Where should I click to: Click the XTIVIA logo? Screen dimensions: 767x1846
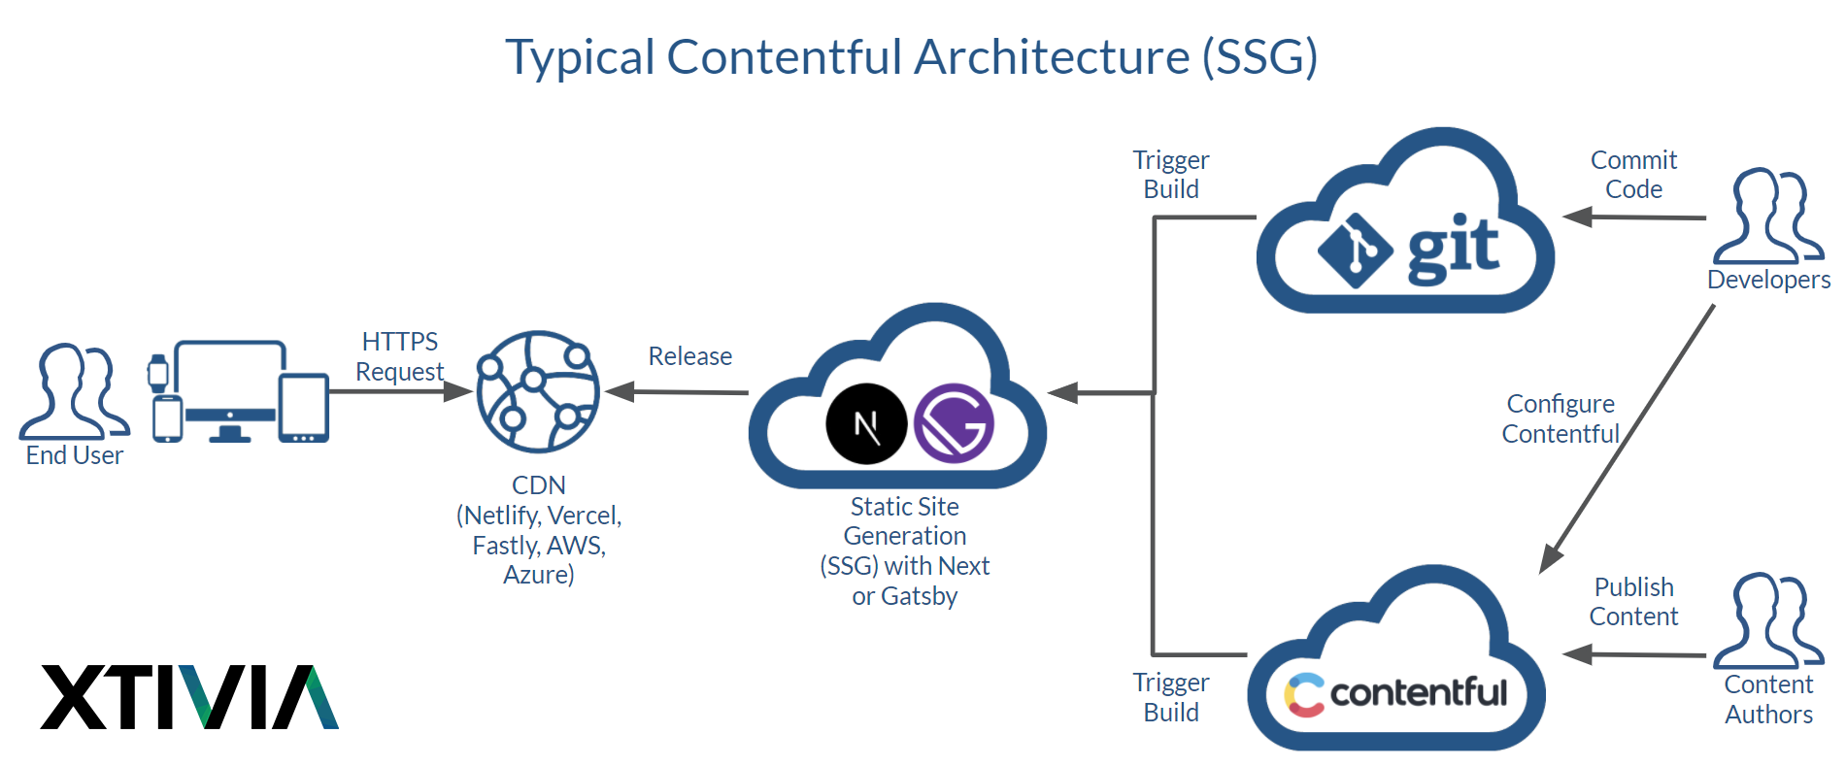click(189, 696)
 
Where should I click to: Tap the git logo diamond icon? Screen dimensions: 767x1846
click(1355, 250)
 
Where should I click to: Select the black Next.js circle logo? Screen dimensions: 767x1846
click(866, 424)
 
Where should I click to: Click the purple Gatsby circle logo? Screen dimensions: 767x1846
click(954, 423)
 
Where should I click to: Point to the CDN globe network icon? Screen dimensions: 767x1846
click(538, 392)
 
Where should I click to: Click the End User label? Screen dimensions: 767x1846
click(75, 455)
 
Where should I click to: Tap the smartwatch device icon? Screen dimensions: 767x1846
click(157, 373)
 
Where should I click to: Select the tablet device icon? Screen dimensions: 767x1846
click(304, 409)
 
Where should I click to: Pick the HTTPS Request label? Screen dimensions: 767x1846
click(399, 356)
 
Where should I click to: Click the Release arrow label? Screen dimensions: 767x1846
click(689, 356)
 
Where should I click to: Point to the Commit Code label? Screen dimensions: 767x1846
click(1633, 175)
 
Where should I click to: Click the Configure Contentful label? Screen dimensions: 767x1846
click(1561, 418)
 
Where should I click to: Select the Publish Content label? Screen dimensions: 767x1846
click(1633, 602)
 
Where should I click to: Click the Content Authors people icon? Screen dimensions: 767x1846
click(1767, 621)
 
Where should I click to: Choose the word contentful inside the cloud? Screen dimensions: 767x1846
click(1418, 692)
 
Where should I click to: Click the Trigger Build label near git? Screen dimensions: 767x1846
click(1170, 175)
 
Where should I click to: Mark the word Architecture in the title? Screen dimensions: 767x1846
click(1052, 56)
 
